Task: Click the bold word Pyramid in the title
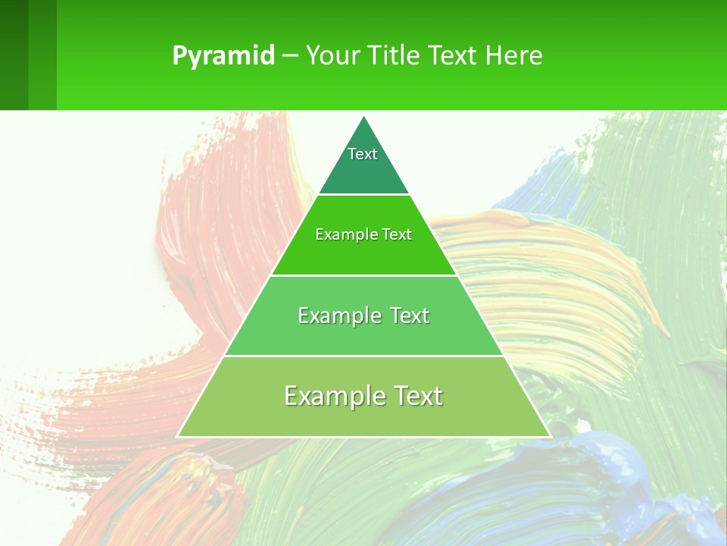click(x=223, y=55)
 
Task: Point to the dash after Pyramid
click(x=290, y=56)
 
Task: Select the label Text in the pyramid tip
click(x=363, y=154)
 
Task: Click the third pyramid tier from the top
click(x=363, y=334)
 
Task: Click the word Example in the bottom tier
click(x=326, y=396)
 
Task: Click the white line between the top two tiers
click(x=363, y=195)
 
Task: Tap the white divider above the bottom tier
click(x=363, y=356)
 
